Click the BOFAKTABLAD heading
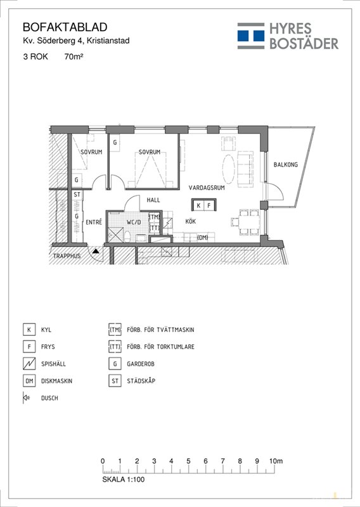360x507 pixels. coord(65,27)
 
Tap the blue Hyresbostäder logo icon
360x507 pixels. coord(251,36)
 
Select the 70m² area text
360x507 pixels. coord(74,56)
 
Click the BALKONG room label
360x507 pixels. coord(286,165)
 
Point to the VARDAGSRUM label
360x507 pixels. coord(207,188)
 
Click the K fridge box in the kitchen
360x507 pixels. coord(199,205)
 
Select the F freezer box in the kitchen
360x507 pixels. coord(209,205)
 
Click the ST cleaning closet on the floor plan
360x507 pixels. coord(77,195)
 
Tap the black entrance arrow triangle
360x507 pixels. coord(96,250)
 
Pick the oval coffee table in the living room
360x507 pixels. coord(229,168)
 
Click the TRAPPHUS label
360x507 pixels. coord(67,256)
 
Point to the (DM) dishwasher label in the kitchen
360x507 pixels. coord(202,238)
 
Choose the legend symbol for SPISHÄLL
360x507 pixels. coord(29,364)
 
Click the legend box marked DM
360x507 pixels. coord(29,381)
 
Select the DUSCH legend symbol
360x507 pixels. coord(26,398)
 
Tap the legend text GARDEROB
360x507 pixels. coord(141,364)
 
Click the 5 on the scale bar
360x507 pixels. coord(188,461)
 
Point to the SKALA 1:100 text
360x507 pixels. coord(124,479)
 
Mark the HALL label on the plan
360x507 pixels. coord(153,200)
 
